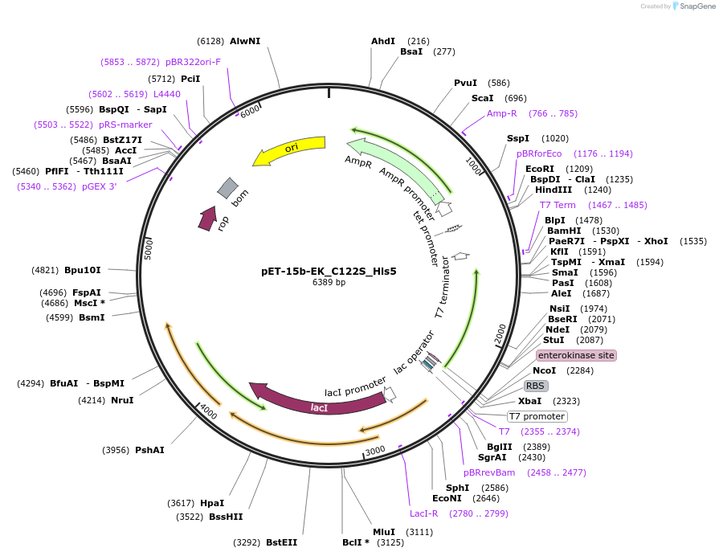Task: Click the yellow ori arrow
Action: [289, 150]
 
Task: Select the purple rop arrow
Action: [208, 219]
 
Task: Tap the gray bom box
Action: [228, 188]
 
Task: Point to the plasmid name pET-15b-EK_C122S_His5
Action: [329, 271]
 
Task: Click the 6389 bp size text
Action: [329, 283]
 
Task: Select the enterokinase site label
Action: [576, 355]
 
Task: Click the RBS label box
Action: [536, 386]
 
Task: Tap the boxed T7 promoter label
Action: [537, 416]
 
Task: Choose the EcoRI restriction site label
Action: [539, 169]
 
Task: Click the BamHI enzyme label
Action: [564, 231]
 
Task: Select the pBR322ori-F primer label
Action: [193, 62]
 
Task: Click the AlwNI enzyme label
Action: [245, 41]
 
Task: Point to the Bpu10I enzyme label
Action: [83, 270]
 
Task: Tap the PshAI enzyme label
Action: [149, 450]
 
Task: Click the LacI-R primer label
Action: [424, 513]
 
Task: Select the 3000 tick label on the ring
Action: [375, 452]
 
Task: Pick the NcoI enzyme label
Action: [544, 370]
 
